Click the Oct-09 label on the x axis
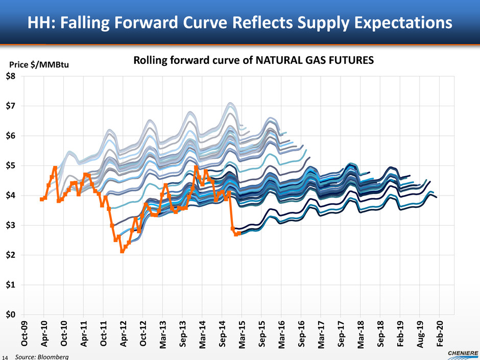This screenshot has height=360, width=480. [23, 332]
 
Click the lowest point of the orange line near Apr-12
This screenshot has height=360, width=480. [122, 251]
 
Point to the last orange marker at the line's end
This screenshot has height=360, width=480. [238, 233]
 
